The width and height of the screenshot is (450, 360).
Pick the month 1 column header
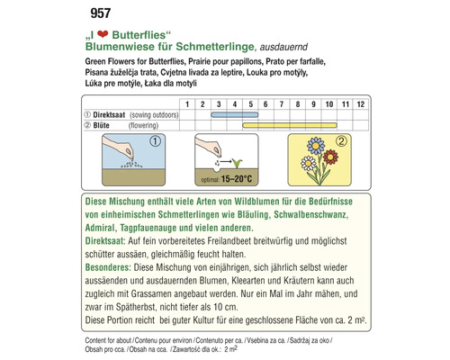pyautogui.click(x=187, y=104)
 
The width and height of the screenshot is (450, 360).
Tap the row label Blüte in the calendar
pyautogui.click(x=103, y=127)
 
